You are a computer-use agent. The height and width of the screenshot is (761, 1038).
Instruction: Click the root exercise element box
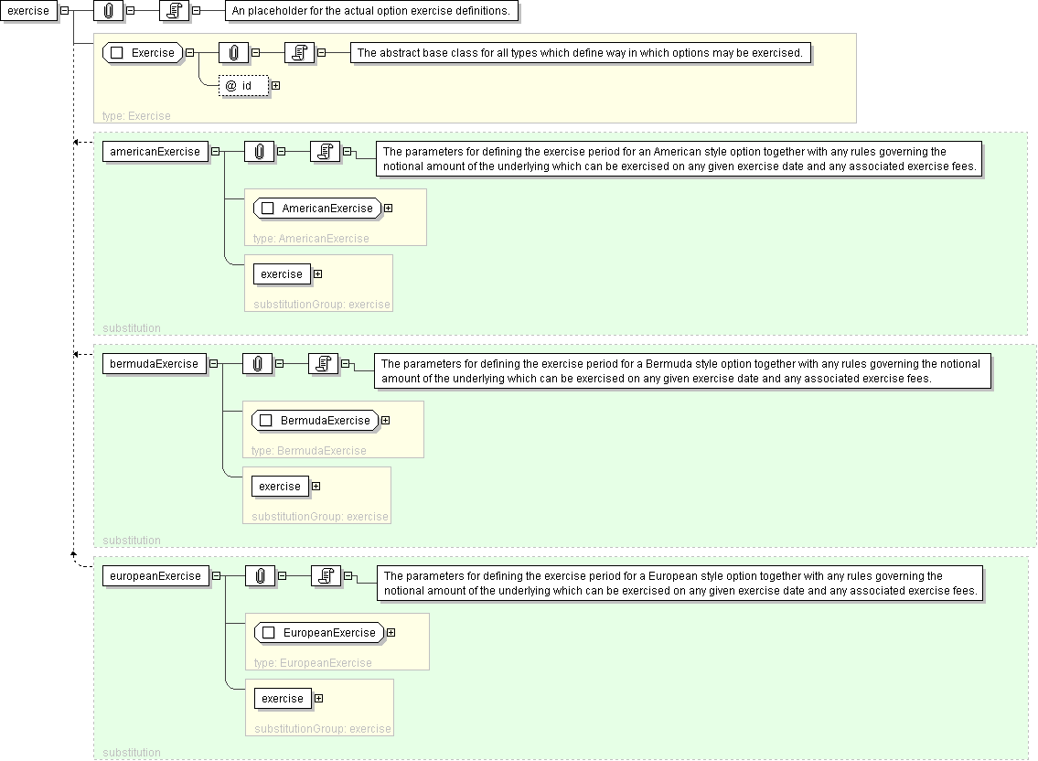tap(27, 11)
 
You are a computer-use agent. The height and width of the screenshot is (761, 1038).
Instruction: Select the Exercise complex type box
tap(143, 53)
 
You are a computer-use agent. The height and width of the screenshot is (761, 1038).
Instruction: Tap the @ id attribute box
tap(244, 86)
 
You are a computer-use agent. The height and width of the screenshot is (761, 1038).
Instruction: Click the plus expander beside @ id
tap(274, 86)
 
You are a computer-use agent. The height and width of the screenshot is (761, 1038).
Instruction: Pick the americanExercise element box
tap(154, 152)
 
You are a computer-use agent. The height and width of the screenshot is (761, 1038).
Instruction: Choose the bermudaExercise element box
tap(153, 364)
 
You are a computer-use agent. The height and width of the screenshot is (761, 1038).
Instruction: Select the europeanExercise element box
tap(155, 576)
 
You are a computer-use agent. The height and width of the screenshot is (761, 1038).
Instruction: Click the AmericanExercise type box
tap(317, 209)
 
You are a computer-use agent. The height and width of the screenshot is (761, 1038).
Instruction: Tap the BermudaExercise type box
tap(316, 421)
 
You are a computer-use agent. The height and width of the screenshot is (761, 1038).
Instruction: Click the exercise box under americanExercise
tap(282, 274)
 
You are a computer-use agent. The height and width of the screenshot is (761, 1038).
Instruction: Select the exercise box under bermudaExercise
tap(280, 487)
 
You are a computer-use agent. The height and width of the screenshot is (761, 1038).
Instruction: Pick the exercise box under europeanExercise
tap(283, 699)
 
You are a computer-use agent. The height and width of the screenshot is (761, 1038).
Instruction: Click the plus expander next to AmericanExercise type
tap(389, 209)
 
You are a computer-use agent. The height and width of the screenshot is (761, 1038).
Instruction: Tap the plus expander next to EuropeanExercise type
tap(391, 633)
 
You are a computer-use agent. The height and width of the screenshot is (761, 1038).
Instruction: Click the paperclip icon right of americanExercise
tap(260, 152)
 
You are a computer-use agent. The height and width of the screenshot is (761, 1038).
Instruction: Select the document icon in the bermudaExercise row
tap(323, 364)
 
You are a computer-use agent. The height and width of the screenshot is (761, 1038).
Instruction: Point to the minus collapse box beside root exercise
tap(64, 11)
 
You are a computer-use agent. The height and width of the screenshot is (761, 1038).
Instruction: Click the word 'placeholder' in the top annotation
tap(278, 11)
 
